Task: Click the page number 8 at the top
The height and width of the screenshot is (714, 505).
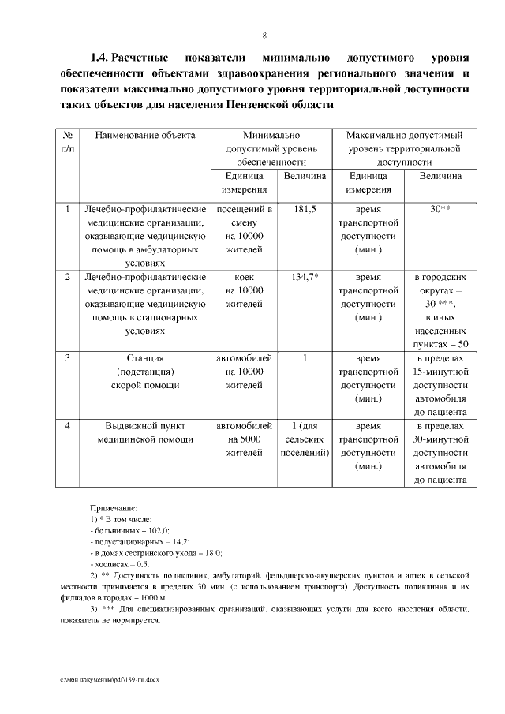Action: pyautogui.click(x=264, y=35)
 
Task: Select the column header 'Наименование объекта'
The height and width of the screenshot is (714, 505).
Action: pyautogui.click(x=144, y=135)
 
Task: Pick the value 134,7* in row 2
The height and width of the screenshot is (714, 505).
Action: pyautogui.click(x=304, y=277)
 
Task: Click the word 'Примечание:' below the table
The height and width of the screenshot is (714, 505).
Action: pyautogui.click(x=114, y=510)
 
